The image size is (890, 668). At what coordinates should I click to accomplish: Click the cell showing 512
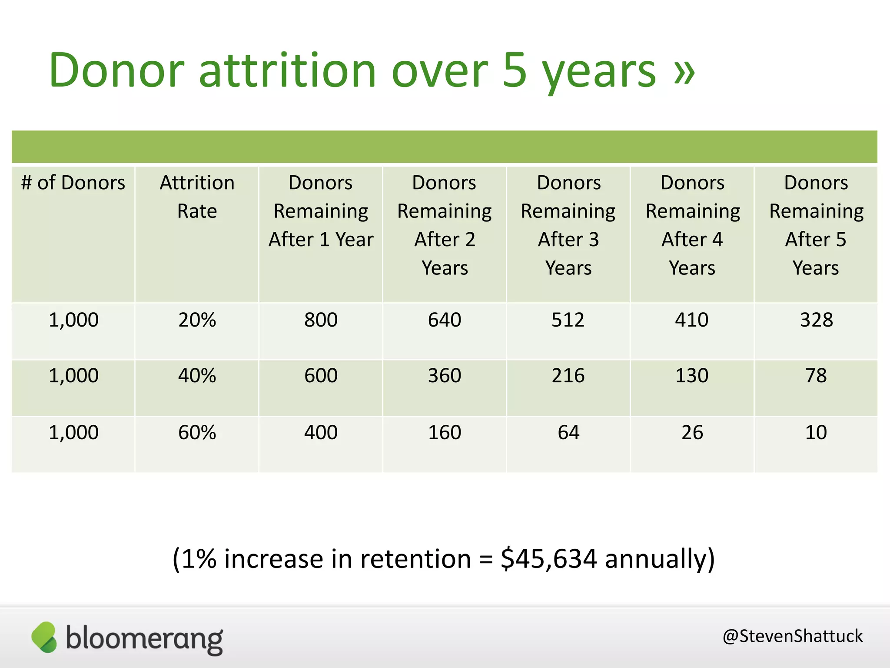coord(568,320)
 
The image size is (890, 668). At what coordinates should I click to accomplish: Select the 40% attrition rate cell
coord(197,376)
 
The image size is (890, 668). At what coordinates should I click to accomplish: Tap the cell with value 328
coord(816,320)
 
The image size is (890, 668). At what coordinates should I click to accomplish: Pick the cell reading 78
coord(816,376)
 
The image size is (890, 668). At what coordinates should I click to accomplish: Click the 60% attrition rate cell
coord(197,433)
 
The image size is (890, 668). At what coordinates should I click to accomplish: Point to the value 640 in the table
coord(444,320)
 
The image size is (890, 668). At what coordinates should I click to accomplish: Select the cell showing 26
coord(692,433)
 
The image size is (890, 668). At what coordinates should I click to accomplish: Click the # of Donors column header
coord(73,183)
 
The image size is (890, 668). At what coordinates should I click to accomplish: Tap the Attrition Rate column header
coord(197,197)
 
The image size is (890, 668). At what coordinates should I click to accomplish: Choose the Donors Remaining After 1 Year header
coord(321,211)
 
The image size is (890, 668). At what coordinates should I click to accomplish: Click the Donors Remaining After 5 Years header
coord(816,225)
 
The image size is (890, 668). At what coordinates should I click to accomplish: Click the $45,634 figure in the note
coord(548,558)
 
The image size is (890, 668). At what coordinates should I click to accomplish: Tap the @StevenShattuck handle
coord(792,636)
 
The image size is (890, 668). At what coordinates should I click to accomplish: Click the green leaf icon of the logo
coord(44,637)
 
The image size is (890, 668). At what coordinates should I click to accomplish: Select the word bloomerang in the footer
coord(144,639)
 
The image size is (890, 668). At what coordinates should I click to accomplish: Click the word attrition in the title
coord(287,70)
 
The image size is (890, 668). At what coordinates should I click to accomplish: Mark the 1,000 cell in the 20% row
coord(73,320)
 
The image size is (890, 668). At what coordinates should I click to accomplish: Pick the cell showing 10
coord(816,433)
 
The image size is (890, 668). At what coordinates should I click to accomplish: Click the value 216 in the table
coord(568,376)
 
